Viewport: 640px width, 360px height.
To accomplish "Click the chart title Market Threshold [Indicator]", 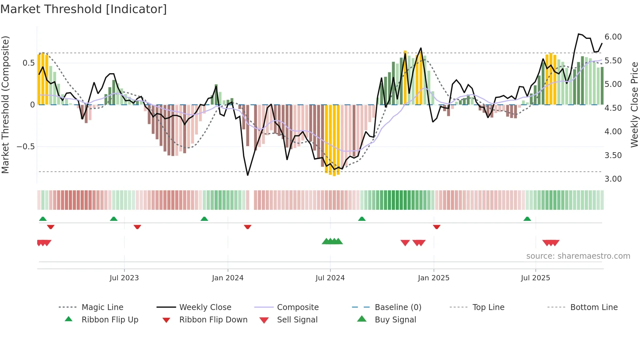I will pos(84,9).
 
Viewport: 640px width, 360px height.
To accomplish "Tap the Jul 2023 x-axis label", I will pos(124,278).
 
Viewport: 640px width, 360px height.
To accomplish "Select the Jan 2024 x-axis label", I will pos(228,278).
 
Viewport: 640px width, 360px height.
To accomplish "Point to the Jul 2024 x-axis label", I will pos(330,278).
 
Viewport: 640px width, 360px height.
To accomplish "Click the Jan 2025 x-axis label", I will pos(434,278).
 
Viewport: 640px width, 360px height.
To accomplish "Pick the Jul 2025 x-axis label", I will pos(536,278).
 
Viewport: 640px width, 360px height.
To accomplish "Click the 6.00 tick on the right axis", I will pos(613,37).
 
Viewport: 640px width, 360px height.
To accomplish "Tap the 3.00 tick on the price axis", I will pos(613,179).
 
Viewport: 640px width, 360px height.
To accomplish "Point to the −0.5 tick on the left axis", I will pos(26,147).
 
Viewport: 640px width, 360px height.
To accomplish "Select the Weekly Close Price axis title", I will pos(634,105).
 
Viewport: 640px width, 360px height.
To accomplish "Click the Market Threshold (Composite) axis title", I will pos(5,105).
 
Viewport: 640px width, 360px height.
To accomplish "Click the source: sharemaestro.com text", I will pos(578,256).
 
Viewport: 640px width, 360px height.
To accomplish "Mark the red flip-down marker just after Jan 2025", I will pos(437,227).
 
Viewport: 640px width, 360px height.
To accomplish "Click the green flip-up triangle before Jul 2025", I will pos(527,219).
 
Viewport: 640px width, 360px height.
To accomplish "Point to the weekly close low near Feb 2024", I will pos(248,175).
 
